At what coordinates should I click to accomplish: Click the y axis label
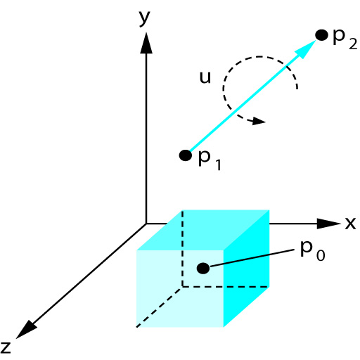pyautogui.click(x=144, y=18)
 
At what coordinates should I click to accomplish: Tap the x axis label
pyautogui.click(x=350, y=223)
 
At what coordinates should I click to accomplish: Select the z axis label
pyautogui.click(x=6, y=347)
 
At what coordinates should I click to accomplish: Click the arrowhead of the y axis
pyautogui.click(x=146, y=43)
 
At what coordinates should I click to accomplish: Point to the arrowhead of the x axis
pyautogui.click(x=328, y=224)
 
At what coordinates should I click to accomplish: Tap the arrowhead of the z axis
pyautogui.click(x=26, y=330)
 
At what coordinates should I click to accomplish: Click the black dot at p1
pyautogui.click(x=186, y=155)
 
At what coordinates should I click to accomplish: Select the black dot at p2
pyautogui.click(x=321, y=35)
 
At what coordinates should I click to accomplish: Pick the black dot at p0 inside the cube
pyautogui.click(x=203, y=268)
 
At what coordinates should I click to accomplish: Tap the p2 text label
pyautogui.click(x=345, y=39)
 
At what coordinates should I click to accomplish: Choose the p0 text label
pyautogui.click(x=313, y=251)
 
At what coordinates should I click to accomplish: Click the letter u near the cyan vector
pyautogui.click(x=205, y=77)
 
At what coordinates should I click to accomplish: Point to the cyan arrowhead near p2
pyautogui.click(x=305, y=49)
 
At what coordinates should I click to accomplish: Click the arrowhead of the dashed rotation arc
pyautogui.click(x=259, y=121)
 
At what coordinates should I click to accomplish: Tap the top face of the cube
pyautogui.click(x=203, y=230)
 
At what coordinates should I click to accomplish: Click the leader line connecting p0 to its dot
pyautogui.click(x=252, y=258)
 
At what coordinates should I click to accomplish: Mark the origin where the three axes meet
pyautogui.click(x=146, y=224)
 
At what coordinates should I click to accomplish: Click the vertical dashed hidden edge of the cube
pyautogui.click(x=183, y=248)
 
